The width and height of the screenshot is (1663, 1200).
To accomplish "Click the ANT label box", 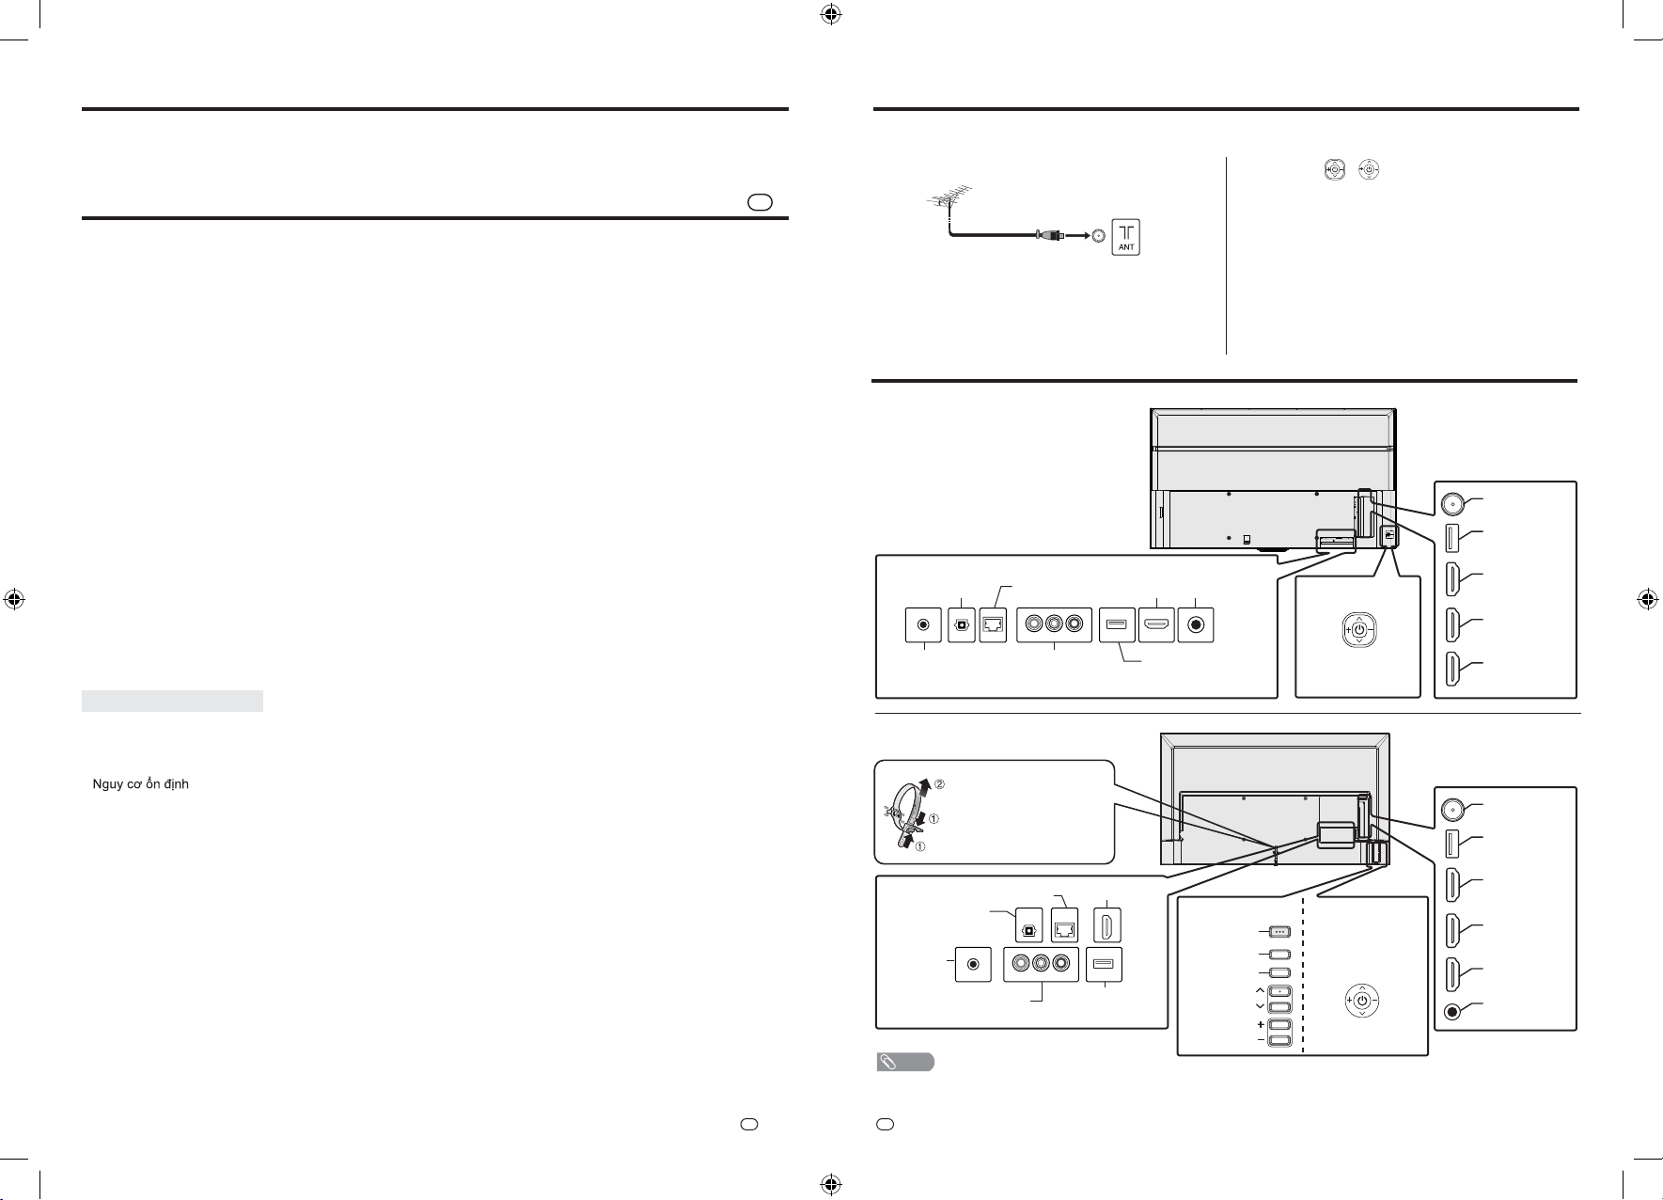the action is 1126,236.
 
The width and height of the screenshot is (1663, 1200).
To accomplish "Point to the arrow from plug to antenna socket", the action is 1075,235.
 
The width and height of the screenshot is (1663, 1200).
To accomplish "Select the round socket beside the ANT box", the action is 1098,236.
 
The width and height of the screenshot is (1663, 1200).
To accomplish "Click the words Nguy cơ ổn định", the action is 141,784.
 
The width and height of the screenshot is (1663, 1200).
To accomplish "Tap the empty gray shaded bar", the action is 172,701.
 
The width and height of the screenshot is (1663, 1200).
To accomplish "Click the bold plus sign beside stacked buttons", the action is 1260,1025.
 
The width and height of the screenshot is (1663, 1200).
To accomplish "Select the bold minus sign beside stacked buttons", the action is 1260,1041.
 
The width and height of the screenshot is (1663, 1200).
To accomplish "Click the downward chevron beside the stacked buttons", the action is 1260,1006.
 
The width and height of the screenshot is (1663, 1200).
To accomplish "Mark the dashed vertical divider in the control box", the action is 1303,975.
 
